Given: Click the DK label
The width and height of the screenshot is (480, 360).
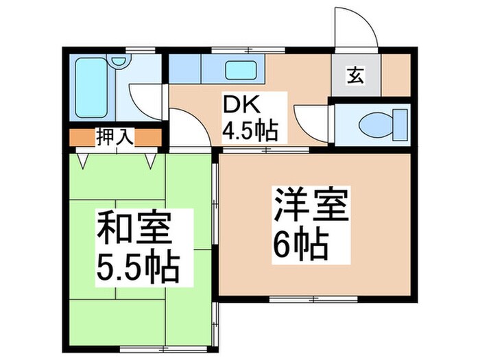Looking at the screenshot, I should [x=235, y=106].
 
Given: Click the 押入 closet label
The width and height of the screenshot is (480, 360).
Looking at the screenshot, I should [x=114, y=137].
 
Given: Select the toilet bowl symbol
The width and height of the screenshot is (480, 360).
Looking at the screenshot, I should [x=374, y=124].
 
